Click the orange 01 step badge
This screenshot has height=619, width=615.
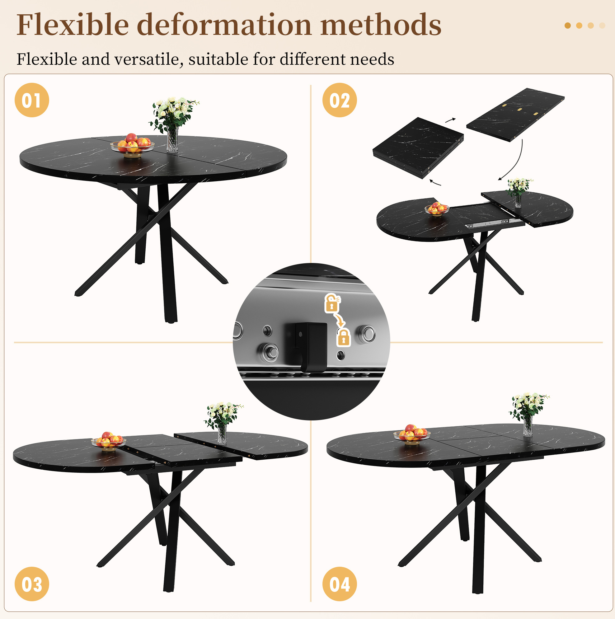tap(32, 100)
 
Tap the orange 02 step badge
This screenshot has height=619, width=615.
tap(339, 100)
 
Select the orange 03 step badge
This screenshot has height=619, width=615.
tap(32, 584)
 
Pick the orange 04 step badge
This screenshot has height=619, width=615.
tap(339, 584)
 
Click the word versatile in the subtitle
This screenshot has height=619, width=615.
tap(148, 59)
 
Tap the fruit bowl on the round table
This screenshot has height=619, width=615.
tap(132, 146)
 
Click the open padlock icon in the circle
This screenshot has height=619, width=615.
tap(332, 303)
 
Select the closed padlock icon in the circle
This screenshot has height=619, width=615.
tap(344, 337)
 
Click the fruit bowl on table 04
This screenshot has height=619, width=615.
tap(412, 434)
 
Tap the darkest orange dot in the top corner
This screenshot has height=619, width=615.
tap(568, 26)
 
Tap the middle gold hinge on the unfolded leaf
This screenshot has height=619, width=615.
tap(519, 109)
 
